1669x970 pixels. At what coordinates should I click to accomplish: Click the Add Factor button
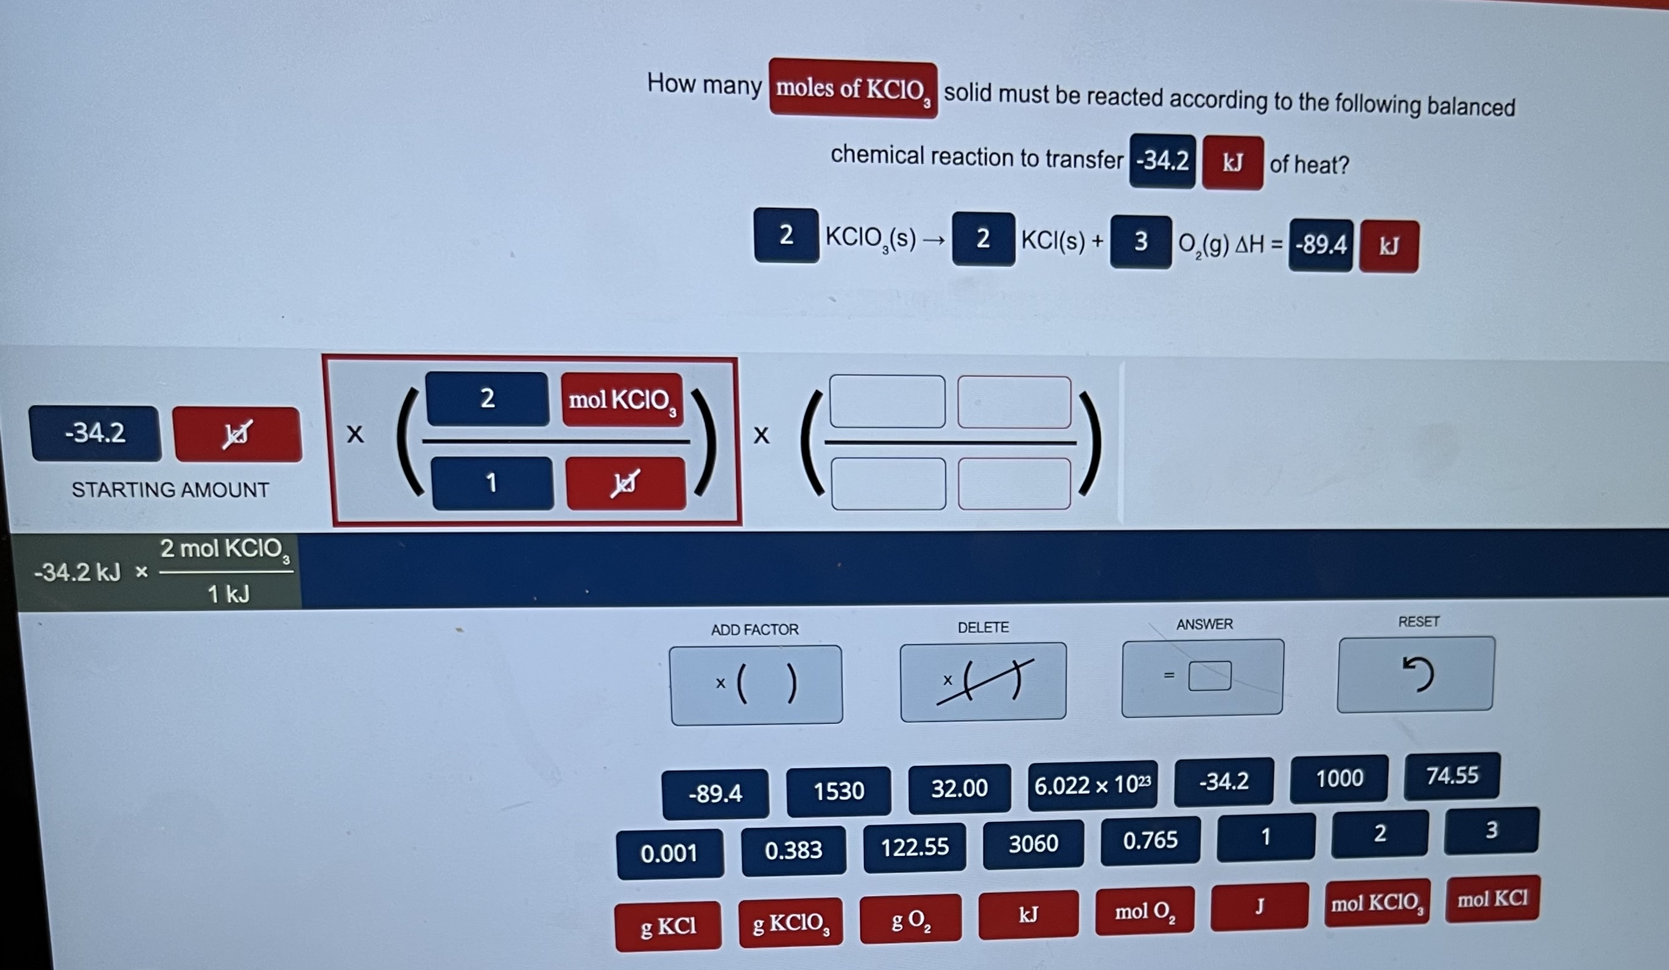756,684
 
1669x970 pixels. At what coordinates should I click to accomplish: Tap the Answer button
1202,676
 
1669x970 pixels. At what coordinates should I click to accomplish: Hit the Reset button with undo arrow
1415,674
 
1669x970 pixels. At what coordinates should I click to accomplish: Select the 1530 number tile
838,791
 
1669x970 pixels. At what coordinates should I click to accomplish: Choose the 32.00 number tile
959,788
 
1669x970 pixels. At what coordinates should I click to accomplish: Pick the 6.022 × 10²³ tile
1092,786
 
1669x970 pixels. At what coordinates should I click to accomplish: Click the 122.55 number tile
915,848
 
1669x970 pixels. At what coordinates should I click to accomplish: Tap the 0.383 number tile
793,850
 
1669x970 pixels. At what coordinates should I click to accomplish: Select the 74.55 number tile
1452,776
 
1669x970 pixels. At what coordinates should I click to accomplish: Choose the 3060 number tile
1033,844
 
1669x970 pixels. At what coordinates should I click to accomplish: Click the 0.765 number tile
1150,841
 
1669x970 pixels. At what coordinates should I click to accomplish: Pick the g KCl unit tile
667,926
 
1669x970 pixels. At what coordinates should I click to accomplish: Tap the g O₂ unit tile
911,919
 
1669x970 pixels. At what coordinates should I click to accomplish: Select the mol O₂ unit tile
1145,912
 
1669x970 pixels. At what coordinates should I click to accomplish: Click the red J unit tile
1259,907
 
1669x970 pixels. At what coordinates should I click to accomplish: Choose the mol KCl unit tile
1492,899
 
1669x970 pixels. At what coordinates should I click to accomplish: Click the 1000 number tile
1338,779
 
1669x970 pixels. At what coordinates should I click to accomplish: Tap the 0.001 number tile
669,854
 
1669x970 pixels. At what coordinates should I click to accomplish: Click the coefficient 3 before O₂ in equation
1140,242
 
